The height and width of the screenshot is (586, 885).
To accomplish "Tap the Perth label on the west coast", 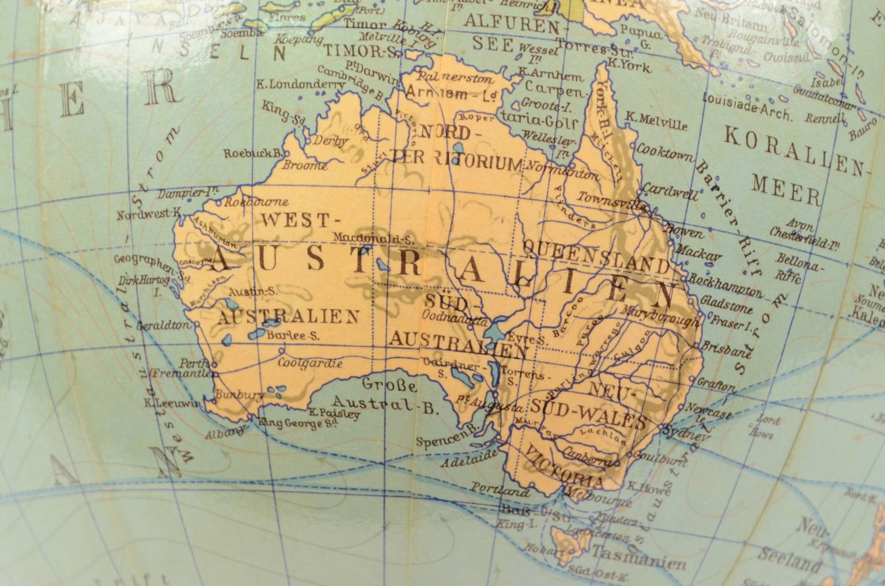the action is click(x=191, y=364).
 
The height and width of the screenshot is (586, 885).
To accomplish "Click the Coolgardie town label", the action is click(x=309, y=364).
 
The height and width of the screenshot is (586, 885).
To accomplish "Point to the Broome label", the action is click(x=304, y=165).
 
